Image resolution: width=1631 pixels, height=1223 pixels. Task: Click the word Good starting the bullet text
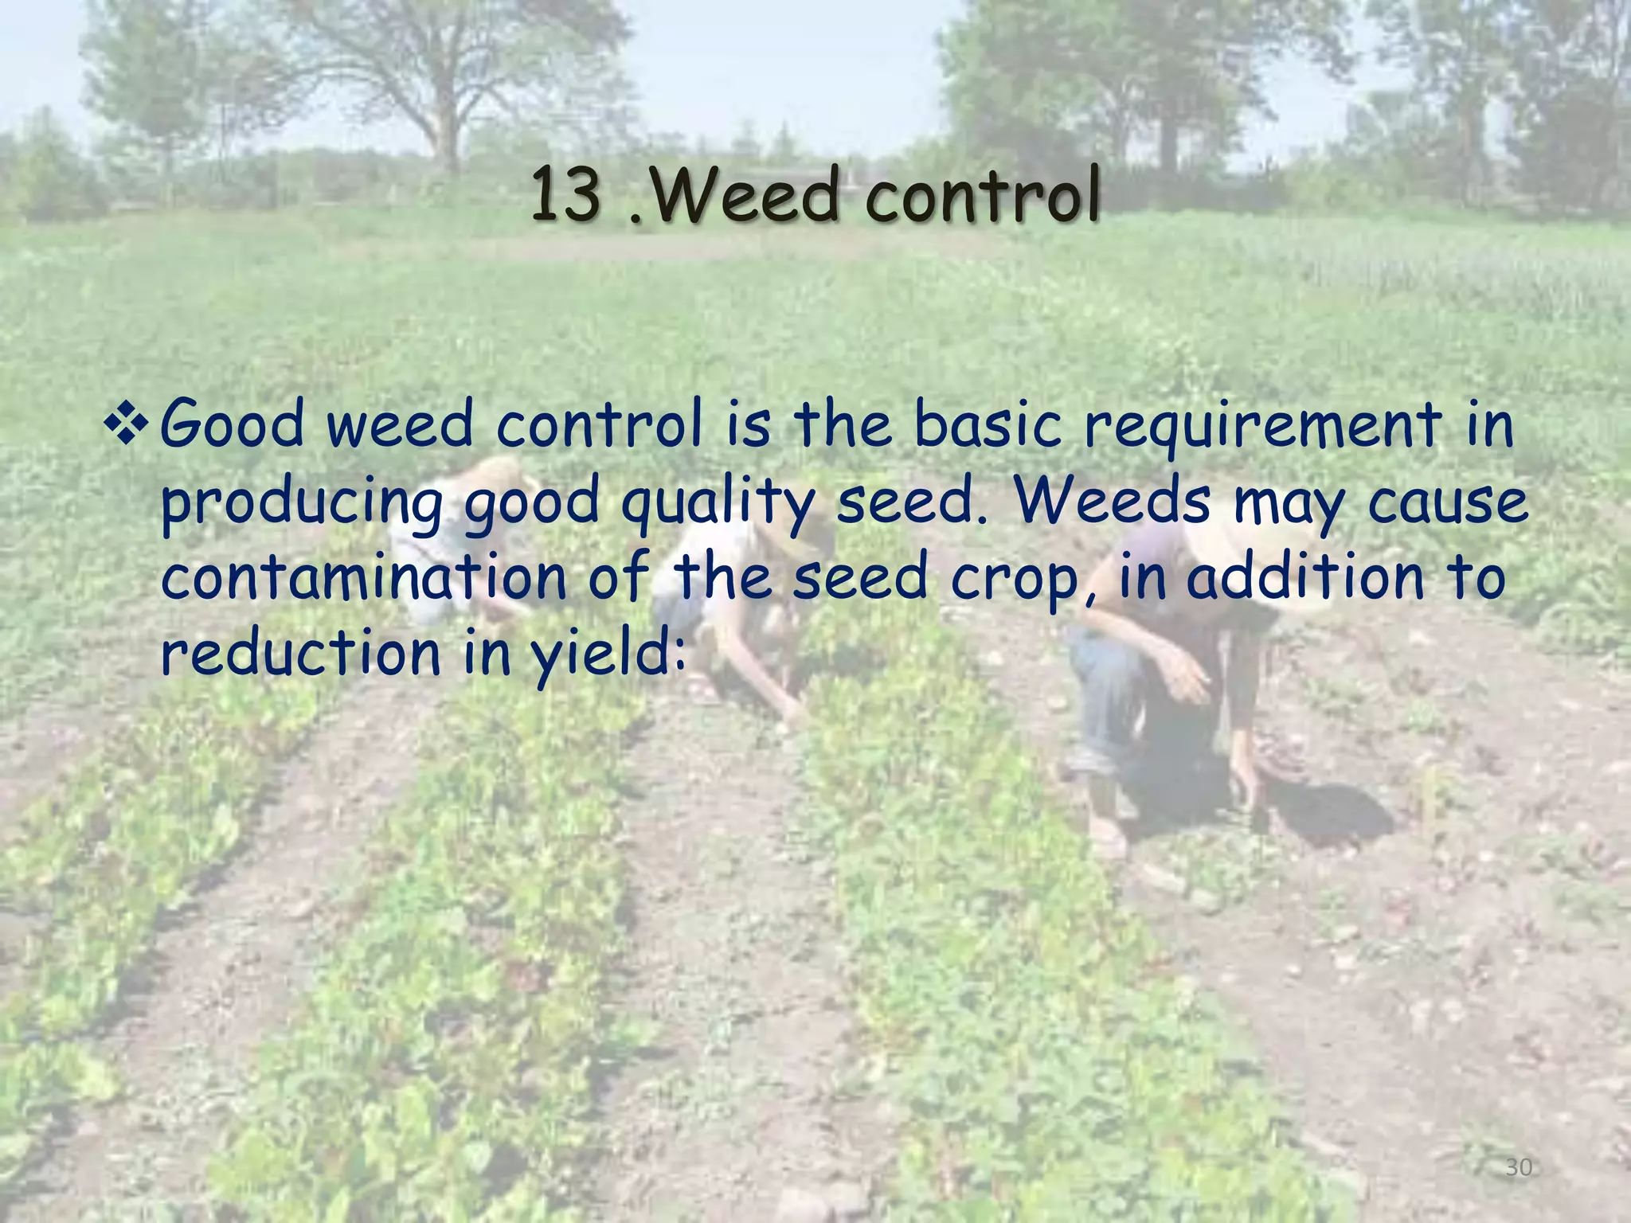[x=233, y=424]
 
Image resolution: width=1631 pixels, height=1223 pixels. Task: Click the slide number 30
[x=1519, y=1168]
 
